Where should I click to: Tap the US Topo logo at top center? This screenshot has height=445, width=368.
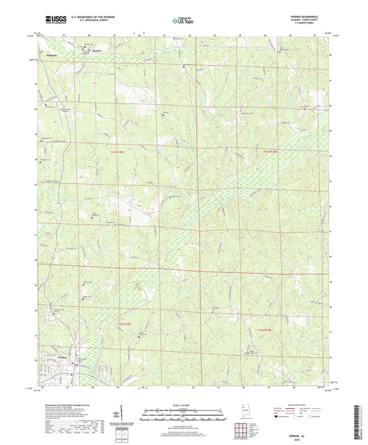(183, 21)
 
